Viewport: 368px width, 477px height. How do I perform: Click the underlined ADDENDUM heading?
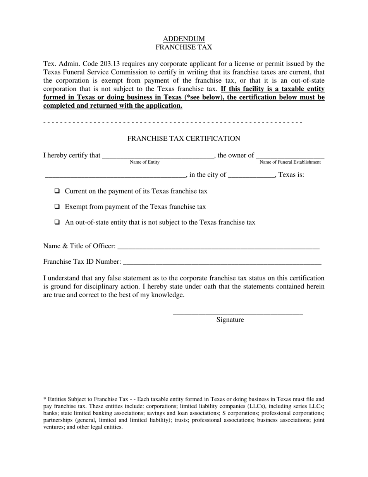pos(184,39)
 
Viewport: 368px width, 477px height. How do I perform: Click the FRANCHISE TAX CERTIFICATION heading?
pos(184,138)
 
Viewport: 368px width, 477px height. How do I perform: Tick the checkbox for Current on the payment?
pos(57,191)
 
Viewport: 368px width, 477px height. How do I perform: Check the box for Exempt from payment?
pos(57,207)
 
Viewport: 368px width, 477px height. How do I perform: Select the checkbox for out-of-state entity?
pos(57,222)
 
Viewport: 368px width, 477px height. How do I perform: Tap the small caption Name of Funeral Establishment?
pos(290,162)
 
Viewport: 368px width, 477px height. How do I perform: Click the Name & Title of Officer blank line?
pos(218,247)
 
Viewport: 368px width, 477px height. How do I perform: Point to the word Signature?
pos(230,320)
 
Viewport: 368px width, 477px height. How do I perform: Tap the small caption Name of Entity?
pos(144,162)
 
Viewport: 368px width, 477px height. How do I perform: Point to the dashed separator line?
pos(173,123)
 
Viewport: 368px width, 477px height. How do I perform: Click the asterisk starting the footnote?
pos(45,399)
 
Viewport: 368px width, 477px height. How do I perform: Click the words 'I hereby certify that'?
pos(72,156)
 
